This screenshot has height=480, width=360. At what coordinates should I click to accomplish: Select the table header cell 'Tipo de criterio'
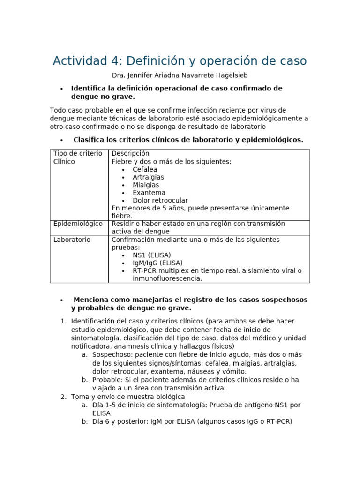coord(77,153)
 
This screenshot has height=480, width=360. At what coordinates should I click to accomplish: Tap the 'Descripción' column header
coord(130,153)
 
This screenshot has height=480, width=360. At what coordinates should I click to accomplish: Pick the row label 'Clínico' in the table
coord(64,161)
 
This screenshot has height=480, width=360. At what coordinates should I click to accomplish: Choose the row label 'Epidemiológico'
coord(78,224)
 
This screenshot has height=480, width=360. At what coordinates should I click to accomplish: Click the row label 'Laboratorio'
coord(72,240)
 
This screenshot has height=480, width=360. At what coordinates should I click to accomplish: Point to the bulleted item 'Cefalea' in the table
coord(145,169)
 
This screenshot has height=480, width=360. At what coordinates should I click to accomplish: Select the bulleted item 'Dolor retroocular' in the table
coord(160,200)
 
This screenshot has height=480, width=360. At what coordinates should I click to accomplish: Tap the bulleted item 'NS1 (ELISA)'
coord(152,255)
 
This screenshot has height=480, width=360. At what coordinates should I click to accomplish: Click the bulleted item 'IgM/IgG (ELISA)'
coord(157,263)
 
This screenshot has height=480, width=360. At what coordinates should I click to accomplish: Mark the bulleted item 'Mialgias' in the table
coord(146,185)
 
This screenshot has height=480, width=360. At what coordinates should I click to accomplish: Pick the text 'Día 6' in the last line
coord(100,421)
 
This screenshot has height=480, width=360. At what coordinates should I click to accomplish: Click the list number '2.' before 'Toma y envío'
coord(63,397)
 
